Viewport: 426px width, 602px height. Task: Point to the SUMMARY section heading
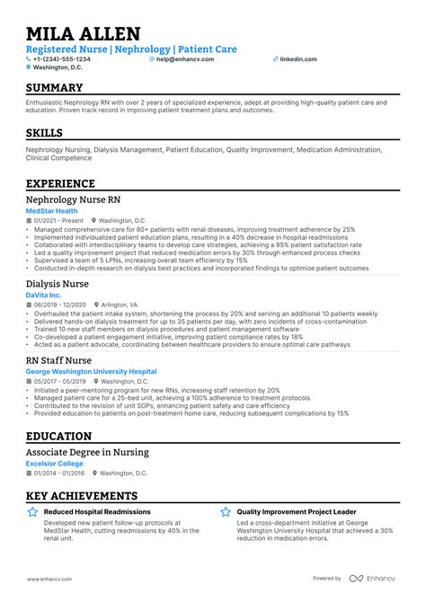tap(54, 88)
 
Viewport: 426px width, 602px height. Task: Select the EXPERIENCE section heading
tap(60, 182)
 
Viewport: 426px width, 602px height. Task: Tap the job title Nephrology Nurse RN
tap(72, 199)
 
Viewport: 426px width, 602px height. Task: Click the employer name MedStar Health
tap(52, 211)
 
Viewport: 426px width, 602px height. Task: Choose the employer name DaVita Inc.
tap(44, 295)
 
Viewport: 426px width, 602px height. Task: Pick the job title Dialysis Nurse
tap(58, 282)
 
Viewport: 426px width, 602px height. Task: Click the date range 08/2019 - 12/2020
tap(58, 305)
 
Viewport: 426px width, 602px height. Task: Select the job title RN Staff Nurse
tap(59, 359)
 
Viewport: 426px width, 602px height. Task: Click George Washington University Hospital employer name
tap(91, 371)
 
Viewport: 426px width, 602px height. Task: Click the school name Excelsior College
tap(55, 464)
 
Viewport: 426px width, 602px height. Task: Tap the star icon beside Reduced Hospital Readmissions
tap(31, 512)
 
